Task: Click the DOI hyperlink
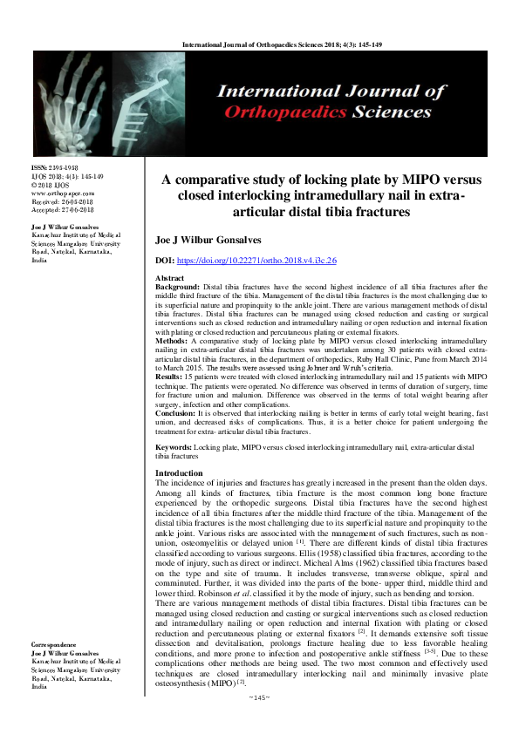269,261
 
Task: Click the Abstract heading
170,277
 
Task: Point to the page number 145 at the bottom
259,721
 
